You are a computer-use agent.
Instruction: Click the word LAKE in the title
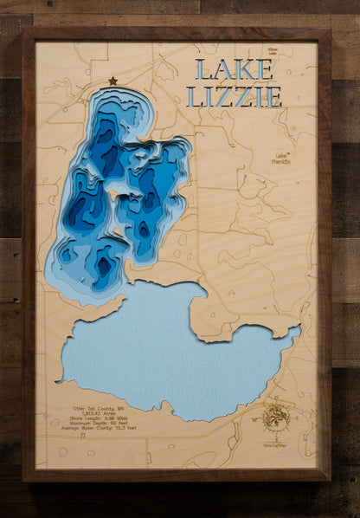click(x=228, y=69)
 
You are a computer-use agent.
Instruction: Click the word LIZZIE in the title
click(x=234, y=96)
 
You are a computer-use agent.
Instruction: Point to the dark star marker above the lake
click(x=112, y=81)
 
